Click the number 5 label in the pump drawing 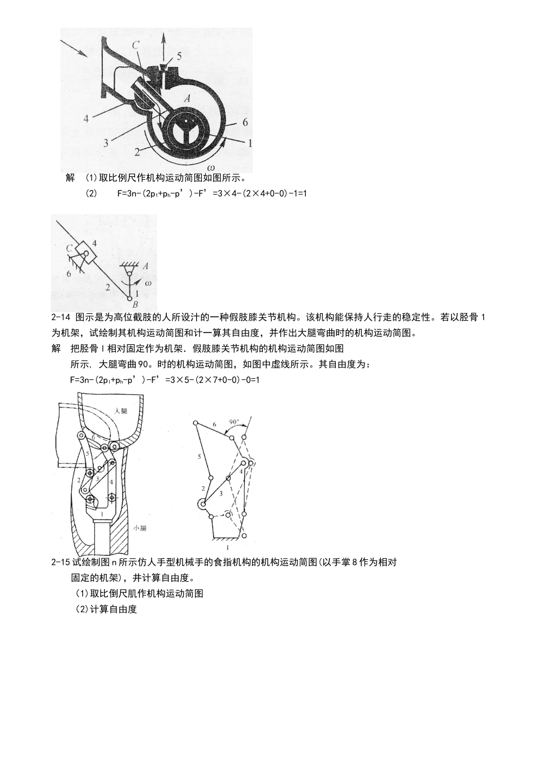(179, 56)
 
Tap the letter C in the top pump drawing (136, 45)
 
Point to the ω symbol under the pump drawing (210, 167)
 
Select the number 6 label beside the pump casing (244, 122)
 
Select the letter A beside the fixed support (145, 266)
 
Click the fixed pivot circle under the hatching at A (129, 275)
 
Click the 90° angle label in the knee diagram (234, 422)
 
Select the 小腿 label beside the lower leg (140, 528)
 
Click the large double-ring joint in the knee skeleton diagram (202, 504)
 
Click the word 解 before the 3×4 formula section (70, 178)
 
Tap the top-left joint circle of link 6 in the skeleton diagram (195, 422)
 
